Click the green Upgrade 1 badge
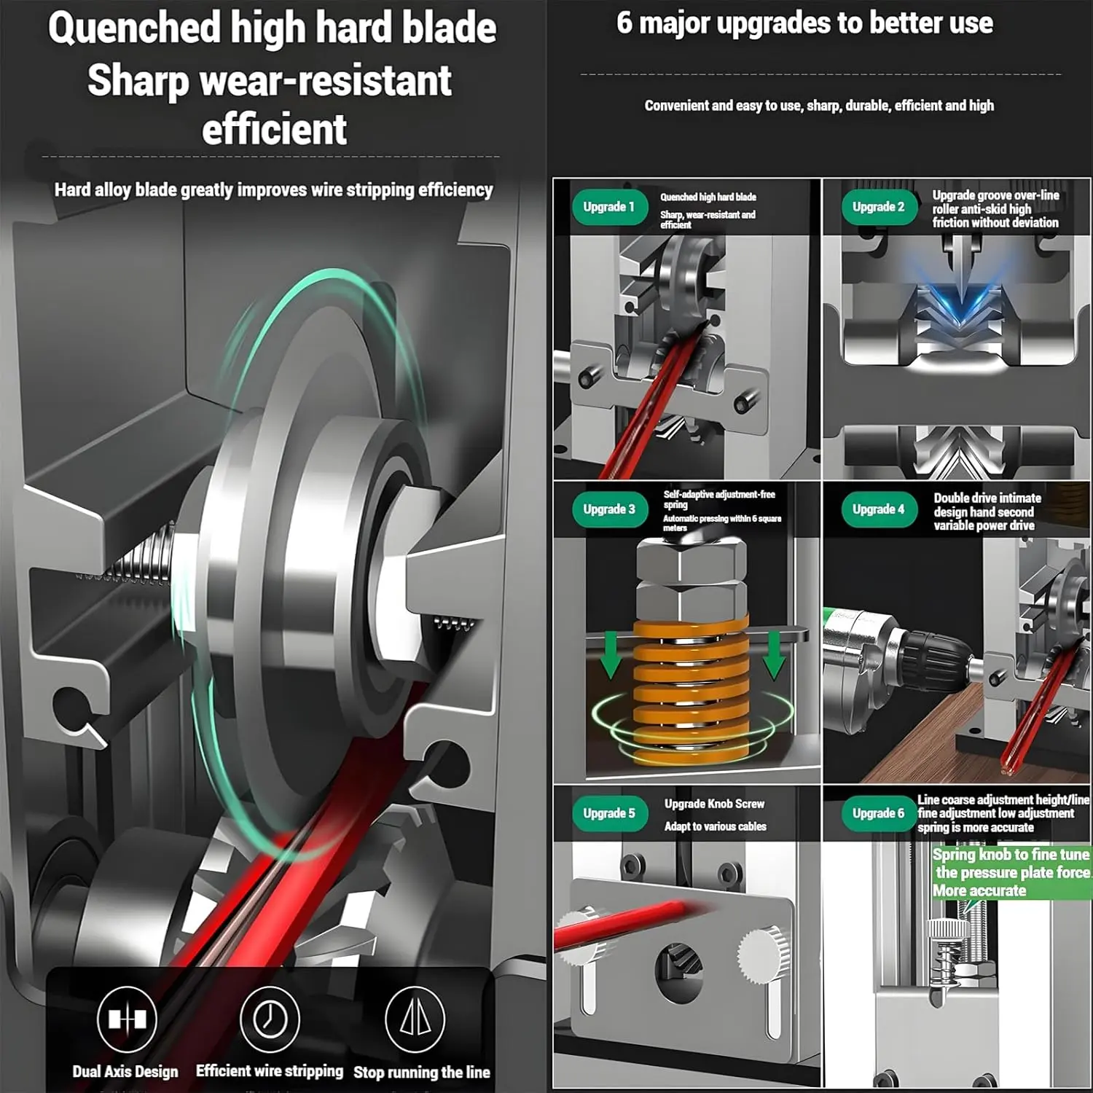coord(609,207)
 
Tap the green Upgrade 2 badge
coord(879,207)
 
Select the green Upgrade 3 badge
coord(609,509)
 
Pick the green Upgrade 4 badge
coord(879,509)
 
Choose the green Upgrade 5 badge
coord(609,813)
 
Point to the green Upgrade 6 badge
coord(879,813)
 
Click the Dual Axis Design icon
coord(127,1019)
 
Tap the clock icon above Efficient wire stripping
coord(270,1019)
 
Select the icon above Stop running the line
coord(415,1019)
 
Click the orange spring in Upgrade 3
coord(692,689)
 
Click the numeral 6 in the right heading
coord(624,23)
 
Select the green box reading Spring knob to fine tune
coord(1011,872)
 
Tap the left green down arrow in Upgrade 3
coord(611,654)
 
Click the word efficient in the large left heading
coord(274,130)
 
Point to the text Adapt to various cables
coord(715,826)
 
